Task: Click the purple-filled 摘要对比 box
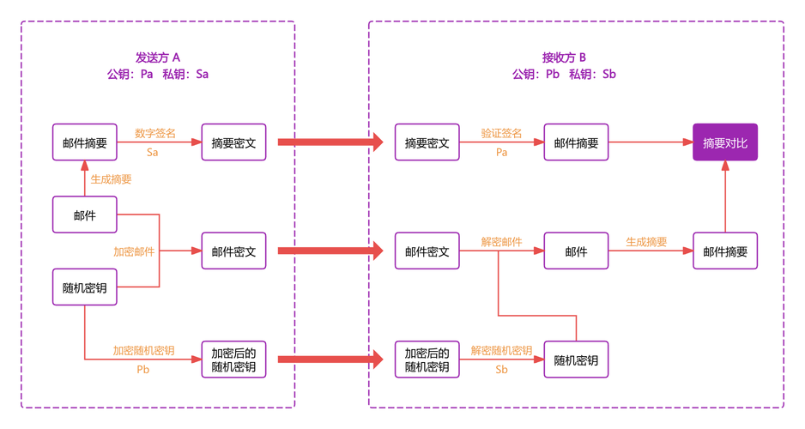tap(725, 142)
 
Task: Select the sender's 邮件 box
tap(85, 214)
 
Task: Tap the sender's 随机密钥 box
tap(85, 287)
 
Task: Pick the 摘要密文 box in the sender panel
tap(233, 142)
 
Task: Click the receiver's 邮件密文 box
tap(427, 251)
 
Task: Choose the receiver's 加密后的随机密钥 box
tap(427, 360)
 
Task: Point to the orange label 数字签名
tap(155, 134)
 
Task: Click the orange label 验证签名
tap(501, 134)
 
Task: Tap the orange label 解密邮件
tap(501, 242)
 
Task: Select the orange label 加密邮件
tap(134, 251)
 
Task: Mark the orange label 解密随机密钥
tap(501, 350)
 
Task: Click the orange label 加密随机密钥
tap(144, 350)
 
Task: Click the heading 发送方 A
tap(158, 57)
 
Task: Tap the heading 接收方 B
tap(564, 57)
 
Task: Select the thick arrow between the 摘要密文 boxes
tap(330, 142)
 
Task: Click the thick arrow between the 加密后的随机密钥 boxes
tap(330, 360)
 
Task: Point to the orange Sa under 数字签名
tap(153, 153)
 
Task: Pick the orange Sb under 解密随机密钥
tap(501, 370)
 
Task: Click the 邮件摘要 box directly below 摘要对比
tap(725, 251)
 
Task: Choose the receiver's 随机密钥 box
tap(576, 360)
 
